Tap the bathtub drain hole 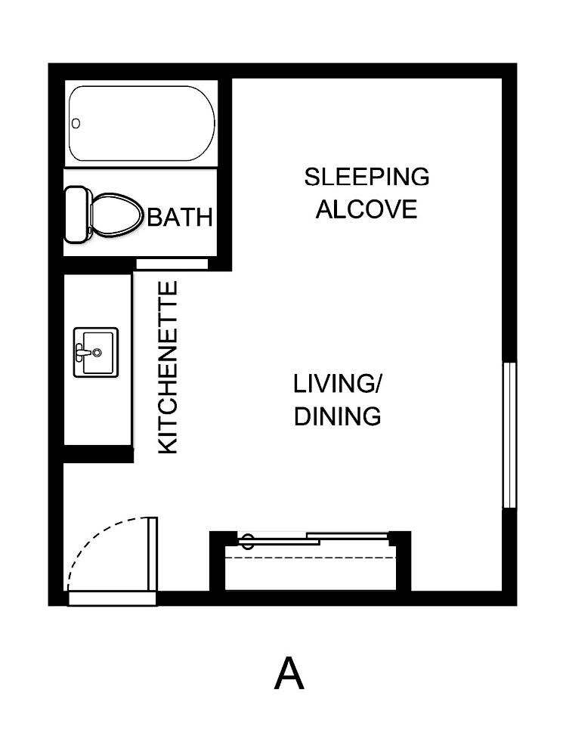click(76, 123)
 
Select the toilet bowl click(116, 213)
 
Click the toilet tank click(76, 215)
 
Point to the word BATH click(179, 218)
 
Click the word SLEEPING click(367, 177)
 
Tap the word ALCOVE click(367, 209)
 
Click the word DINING click(336, 416)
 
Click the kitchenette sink click(95, 352)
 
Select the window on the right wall click(509, 434)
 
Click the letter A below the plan click(289, 674)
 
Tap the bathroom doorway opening click(172, 263)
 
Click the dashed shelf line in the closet click(311, 558)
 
